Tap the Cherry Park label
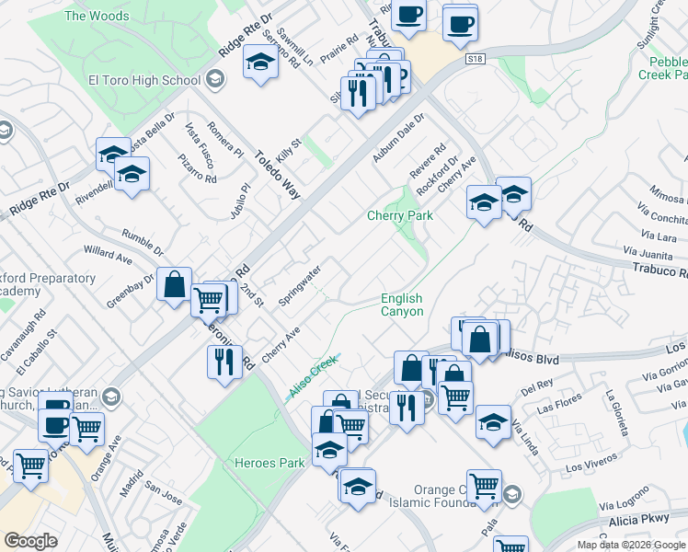pos(400,216)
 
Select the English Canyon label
pos(402,305)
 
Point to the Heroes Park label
pos(269,463)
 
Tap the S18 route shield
pos(475,60)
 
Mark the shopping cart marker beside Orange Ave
pos(86,428)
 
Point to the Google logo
pos(30,541)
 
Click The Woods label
pos(97,16)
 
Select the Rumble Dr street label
pos(142,243)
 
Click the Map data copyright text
pos(631,545)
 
